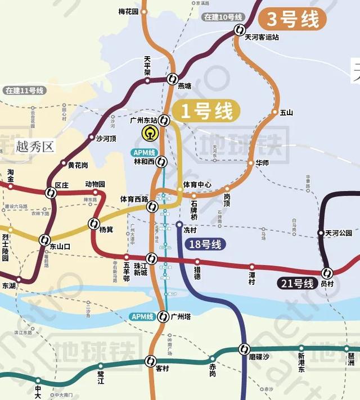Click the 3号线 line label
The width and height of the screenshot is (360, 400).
pos(292,19)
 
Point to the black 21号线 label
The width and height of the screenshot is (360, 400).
pos(295,284)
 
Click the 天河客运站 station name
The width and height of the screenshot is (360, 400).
pos(262,38)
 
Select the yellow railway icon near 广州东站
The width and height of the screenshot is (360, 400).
pos(149,134)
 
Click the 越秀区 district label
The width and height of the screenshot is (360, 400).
pos(35,147)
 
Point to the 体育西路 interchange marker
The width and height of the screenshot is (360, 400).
pos(152,207)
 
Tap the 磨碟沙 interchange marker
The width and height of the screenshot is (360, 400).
pos(244,348)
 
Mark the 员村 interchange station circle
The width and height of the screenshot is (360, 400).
pos(327,273)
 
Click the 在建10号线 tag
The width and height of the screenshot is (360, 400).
pos(224,17)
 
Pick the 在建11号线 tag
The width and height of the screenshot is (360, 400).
pos(21,90)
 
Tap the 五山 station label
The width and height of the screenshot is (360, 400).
pos(286,112)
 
